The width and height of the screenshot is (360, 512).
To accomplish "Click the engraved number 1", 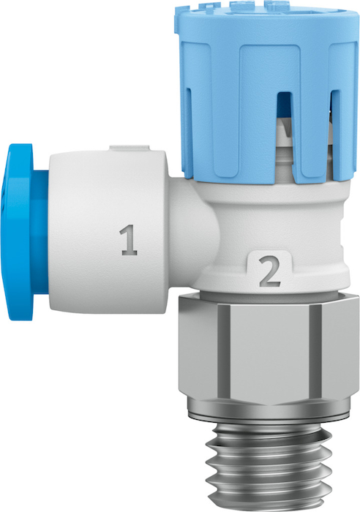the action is tap(128, 240).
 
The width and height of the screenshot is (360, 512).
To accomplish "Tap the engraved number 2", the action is tap(270, 271).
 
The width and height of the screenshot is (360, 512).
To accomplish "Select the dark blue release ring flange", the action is tap(20, 232).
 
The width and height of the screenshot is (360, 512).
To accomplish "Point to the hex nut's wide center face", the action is tap(269, 354).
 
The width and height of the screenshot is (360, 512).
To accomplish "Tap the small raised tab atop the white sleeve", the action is tap(129, 147).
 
